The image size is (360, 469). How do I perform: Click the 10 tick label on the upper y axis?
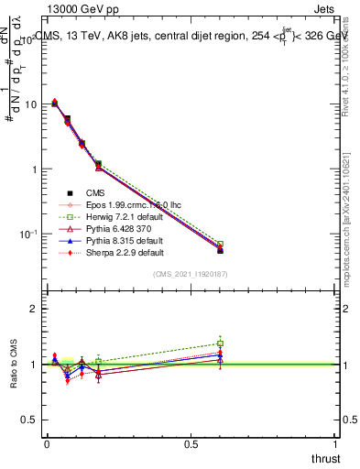click(x=30, y=104)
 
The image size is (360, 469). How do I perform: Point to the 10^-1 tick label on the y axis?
click(x=28, y=234)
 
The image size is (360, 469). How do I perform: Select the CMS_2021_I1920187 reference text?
click(x=190, y=274)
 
